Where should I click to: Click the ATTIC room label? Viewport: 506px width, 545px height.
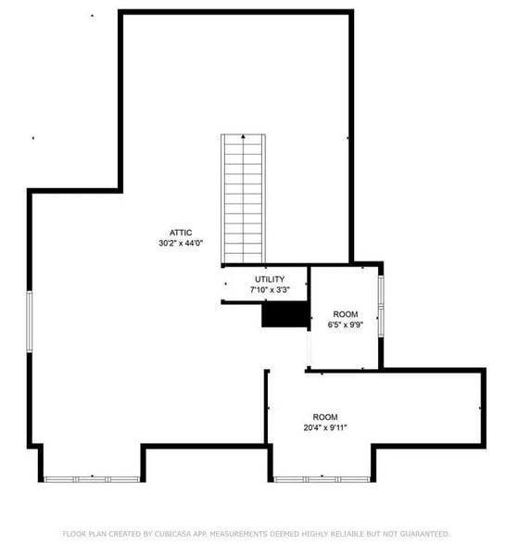tap(180, 232)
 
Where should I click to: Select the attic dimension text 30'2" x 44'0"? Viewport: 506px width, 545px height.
tap(180, 243)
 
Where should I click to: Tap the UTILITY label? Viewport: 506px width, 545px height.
tap(270, 279)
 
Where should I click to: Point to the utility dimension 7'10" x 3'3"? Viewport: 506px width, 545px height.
tap(270, 290)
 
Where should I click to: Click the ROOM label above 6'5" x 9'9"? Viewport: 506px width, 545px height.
tap(345, 314)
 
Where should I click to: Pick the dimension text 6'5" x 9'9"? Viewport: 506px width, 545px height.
tap(345, 325)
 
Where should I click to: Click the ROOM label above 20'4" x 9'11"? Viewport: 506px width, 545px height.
tap(324, 417)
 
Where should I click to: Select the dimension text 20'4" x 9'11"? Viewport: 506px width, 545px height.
tap(324, 427)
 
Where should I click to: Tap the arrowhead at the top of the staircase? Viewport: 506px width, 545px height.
tap(244, 136)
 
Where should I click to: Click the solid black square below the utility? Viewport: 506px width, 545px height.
tap(285, 315)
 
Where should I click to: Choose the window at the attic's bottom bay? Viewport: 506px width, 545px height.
tap(92, 478)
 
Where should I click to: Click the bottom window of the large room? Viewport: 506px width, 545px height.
tap(322, 478)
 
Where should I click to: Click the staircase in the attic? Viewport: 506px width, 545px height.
tap(244, 199)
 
